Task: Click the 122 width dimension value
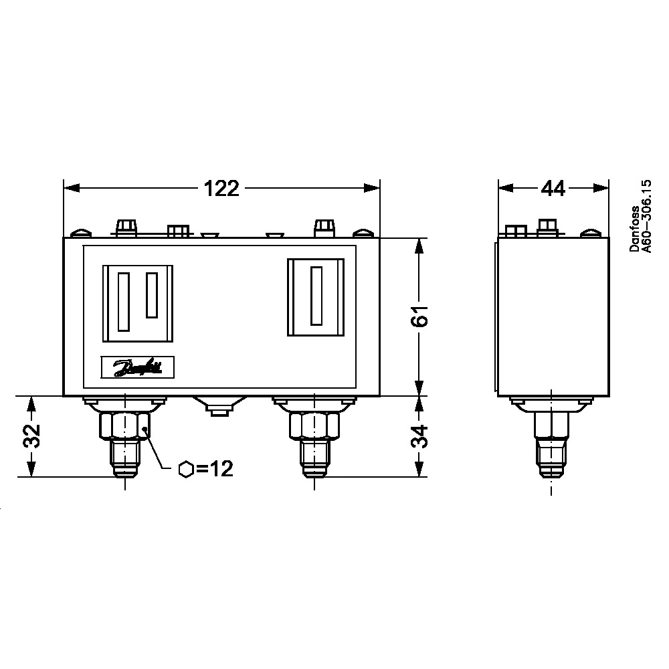click(221, 188)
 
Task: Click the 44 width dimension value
click(553, 188)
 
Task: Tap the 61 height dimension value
click(419, 316)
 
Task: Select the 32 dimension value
click(31, 436)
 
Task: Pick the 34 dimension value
click(419, 436)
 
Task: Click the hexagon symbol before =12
click(186, 470)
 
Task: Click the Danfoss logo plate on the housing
click(137, 367)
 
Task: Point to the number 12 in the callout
click(221, 469)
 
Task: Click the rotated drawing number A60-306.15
click(647, 216)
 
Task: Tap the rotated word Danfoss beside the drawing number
click(635, 229)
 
